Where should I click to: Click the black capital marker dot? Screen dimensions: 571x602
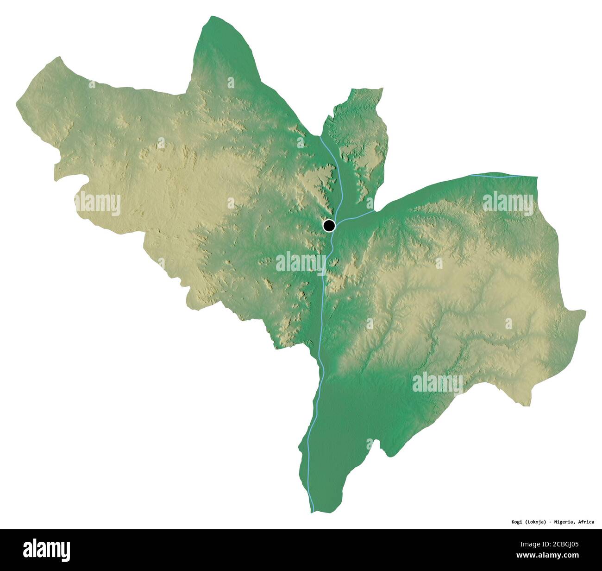pos(329,226)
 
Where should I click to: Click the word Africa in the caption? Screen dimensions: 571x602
pos(586,522)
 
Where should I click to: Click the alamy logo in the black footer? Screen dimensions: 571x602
pos(47,550)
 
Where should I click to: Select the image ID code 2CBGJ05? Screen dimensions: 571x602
pos(562,545)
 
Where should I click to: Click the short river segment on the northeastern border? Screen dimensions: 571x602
pos(495,176)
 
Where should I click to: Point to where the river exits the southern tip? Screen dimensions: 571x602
pos(312,511)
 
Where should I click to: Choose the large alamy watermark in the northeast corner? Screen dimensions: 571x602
pos(508,203)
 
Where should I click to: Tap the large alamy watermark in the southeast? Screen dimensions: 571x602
pos(437,383)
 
